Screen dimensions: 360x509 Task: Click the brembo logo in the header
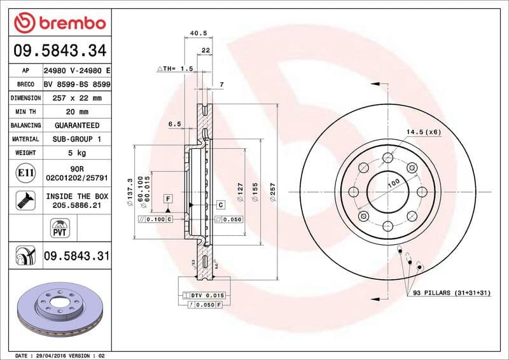tap(59, 24)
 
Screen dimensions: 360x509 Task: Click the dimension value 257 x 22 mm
tap(77, 98)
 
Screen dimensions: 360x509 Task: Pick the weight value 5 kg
tap(77, 153)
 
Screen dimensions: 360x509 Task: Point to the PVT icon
tap(59, 227)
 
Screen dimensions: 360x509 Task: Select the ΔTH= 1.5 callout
tap(175, 68)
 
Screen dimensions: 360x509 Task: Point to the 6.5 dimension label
tap(175, 124)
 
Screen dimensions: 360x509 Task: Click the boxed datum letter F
tap(168, 199)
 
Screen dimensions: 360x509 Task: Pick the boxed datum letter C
tap(221, 205)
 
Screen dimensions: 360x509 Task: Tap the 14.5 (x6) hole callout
tap(423, 132)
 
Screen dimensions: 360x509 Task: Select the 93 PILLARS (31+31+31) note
tap(453, 293)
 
